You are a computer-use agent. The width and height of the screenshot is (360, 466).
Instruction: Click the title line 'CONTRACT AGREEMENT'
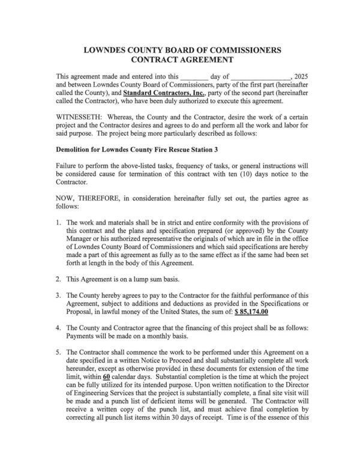[x=179, y=60]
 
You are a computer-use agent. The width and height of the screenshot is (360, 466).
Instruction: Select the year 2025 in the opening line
[x=302, y=77]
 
